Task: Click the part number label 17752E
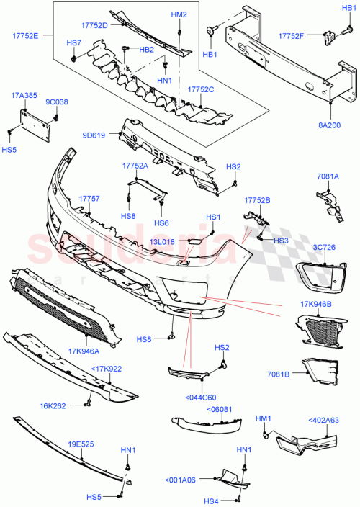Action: click(x=25, y=35)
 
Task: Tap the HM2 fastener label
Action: click(x=179, y=14)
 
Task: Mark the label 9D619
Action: click(x=94, y=135)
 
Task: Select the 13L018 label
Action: click(x=163, y=243)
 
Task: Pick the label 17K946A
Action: click(x=84, y=351)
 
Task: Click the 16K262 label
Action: click(x=53, y=405)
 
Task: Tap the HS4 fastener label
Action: click(x=211, y=501)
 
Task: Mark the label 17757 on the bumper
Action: click(x=89, y=198)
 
